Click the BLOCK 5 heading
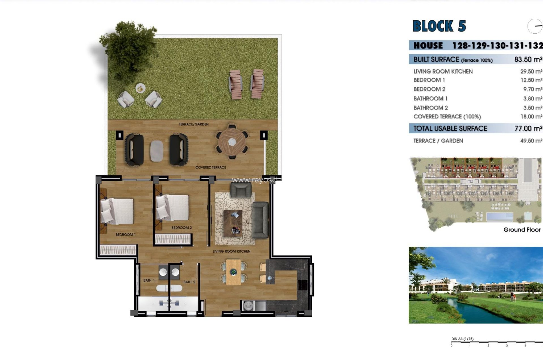(439, 26)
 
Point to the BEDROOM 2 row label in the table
(429, 89)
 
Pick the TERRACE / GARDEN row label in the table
(438, 141)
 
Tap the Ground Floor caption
(522, 230)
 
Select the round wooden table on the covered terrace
(232, 142)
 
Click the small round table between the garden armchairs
(140, 88)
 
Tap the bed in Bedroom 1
(117, 211)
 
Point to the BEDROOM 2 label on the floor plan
(182, 228)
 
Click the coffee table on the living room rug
(233, 223)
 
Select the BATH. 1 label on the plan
(149, 280)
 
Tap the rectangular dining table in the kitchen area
(233, 272)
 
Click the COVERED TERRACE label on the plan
(211, 167)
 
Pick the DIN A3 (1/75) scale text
(462, 339)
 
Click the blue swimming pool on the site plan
(499, 217)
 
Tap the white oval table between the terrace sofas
(157, 151)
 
